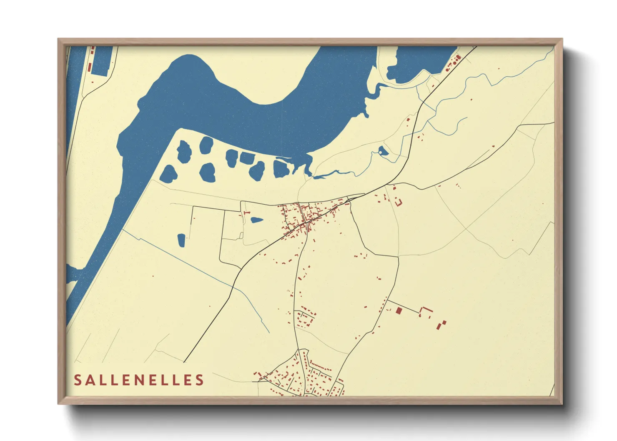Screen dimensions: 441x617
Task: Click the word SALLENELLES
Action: [x=139, y=380]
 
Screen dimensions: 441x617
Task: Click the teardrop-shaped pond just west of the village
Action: [x=256, y=220]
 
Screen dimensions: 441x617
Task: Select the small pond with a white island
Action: [x=383, y=151]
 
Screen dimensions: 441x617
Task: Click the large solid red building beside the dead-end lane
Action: [x=399, y=311]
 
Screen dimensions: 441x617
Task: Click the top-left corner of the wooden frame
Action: [x=59, y=39]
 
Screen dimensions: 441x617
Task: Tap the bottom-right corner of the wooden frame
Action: [x=562, y=403]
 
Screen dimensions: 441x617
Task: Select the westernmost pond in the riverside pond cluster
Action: [x=168, y=173]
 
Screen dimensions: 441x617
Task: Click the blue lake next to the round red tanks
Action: [x=421, y=63]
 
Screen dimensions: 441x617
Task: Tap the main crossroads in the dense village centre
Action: [x=307, y=223]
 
